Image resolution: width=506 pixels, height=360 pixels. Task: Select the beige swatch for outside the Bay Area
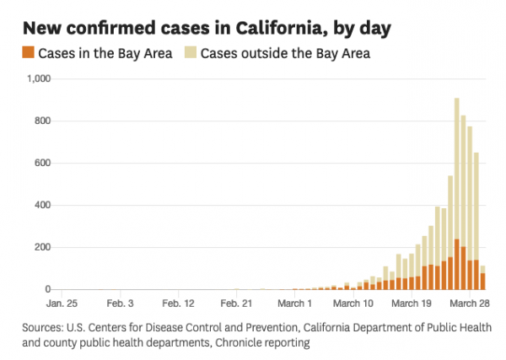coord(191,53)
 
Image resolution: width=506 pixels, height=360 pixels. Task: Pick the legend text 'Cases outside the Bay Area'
coord(285,54)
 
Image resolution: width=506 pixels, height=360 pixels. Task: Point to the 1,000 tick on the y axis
coord(39,78)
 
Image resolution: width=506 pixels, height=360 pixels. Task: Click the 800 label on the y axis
coord(44,121)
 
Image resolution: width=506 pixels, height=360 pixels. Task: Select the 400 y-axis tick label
coord(44,205)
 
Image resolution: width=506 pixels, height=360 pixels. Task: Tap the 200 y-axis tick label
coord(44,247)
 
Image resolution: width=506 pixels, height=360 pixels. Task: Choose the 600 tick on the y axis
coord(44,163)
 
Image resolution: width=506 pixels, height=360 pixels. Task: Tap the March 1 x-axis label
coord(296,303)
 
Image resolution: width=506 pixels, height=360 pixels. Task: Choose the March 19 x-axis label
coord(413,303)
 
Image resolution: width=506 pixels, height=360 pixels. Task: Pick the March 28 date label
coord(471,303)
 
